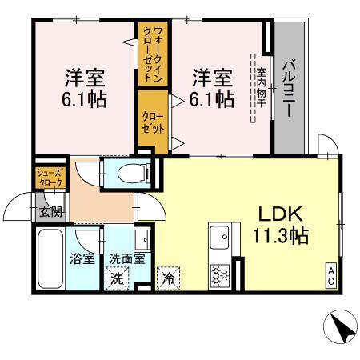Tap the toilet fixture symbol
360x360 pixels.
click(129, 171)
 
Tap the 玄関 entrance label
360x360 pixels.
click(49, 212)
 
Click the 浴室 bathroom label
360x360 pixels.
click(82, 259)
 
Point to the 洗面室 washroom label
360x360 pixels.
click(126, 259)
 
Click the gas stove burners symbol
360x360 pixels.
click(218, 273)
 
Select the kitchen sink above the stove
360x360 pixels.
click(219, 239)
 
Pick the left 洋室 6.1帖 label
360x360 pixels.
click(85, 88)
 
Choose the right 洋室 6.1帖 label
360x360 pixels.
click(212, 88)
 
